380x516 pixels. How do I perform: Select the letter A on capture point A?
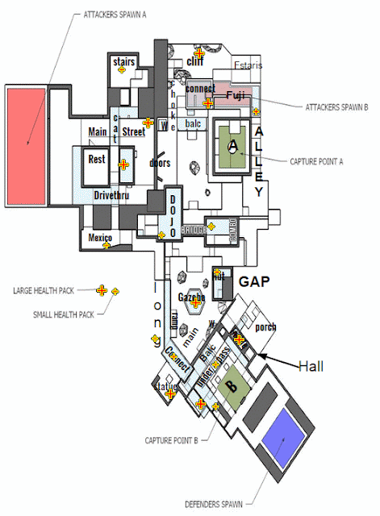233,145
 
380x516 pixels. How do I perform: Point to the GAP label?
253,281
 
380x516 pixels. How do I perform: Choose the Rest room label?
96,159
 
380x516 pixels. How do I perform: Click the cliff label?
195,61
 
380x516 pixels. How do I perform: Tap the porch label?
265,327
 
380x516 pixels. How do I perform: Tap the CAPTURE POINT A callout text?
316,160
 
